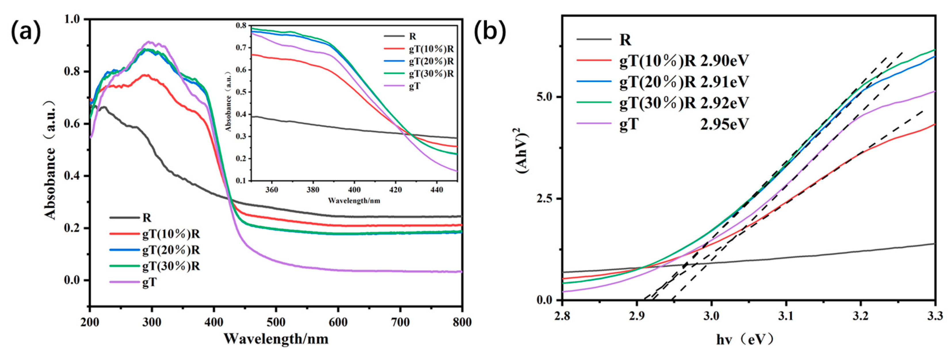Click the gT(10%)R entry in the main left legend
coord(171,234)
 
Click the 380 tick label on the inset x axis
coord(313,190)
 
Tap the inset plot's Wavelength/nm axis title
coord(354,201)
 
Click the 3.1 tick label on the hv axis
coord(786,316)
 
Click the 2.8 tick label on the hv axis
coord(562,316)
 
